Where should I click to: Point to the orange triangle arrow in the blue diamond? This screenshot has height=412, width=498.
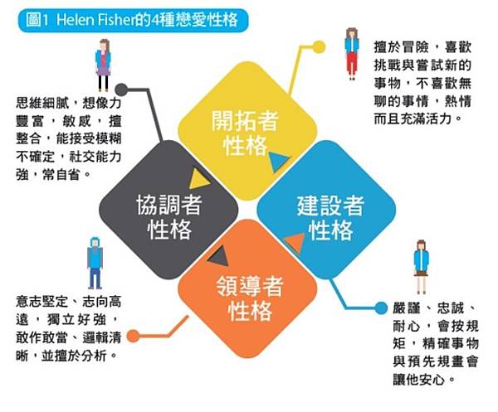(293, 243)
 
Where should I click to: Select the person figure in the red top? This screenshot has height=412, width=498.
(352, 51)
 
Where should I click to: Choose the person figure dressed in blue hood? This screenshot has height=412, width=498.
(95, 259)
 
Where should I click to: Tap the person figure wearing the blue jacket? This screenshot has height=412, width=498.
(421, 265)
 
